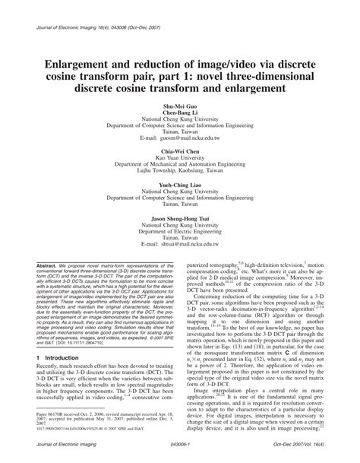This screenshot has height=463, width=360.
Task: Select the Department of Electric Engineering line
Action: [179, 233]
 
